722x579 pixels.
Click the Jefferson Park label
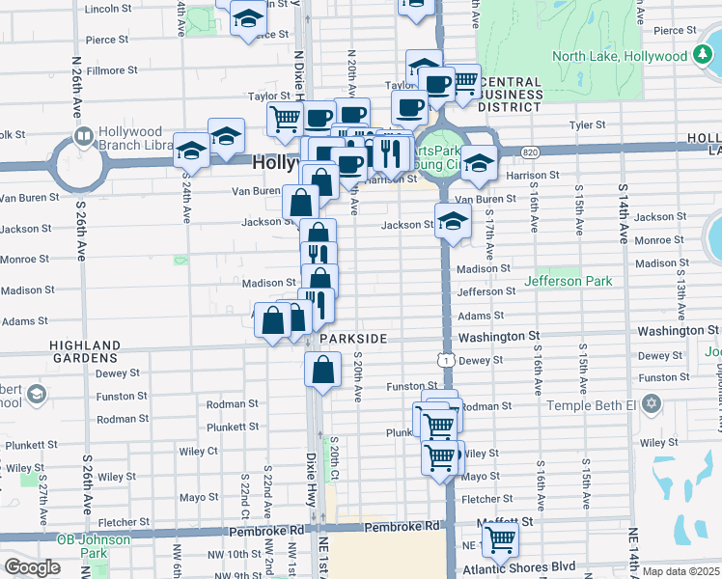pos(569,282)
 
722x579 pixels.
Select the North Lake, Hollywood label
pos(618,56)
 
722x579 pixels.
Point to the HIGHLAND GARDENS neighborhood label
pos(89,351)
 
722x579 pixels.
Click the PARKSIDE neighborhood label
pos(353,339)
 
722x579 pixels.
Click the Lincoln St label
pos(107,9)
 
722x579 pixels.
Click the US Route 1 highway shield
pos(445,360)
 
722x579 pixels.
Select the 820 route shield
pos(530,152)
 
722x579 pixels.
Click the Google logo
pos(32,567)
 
